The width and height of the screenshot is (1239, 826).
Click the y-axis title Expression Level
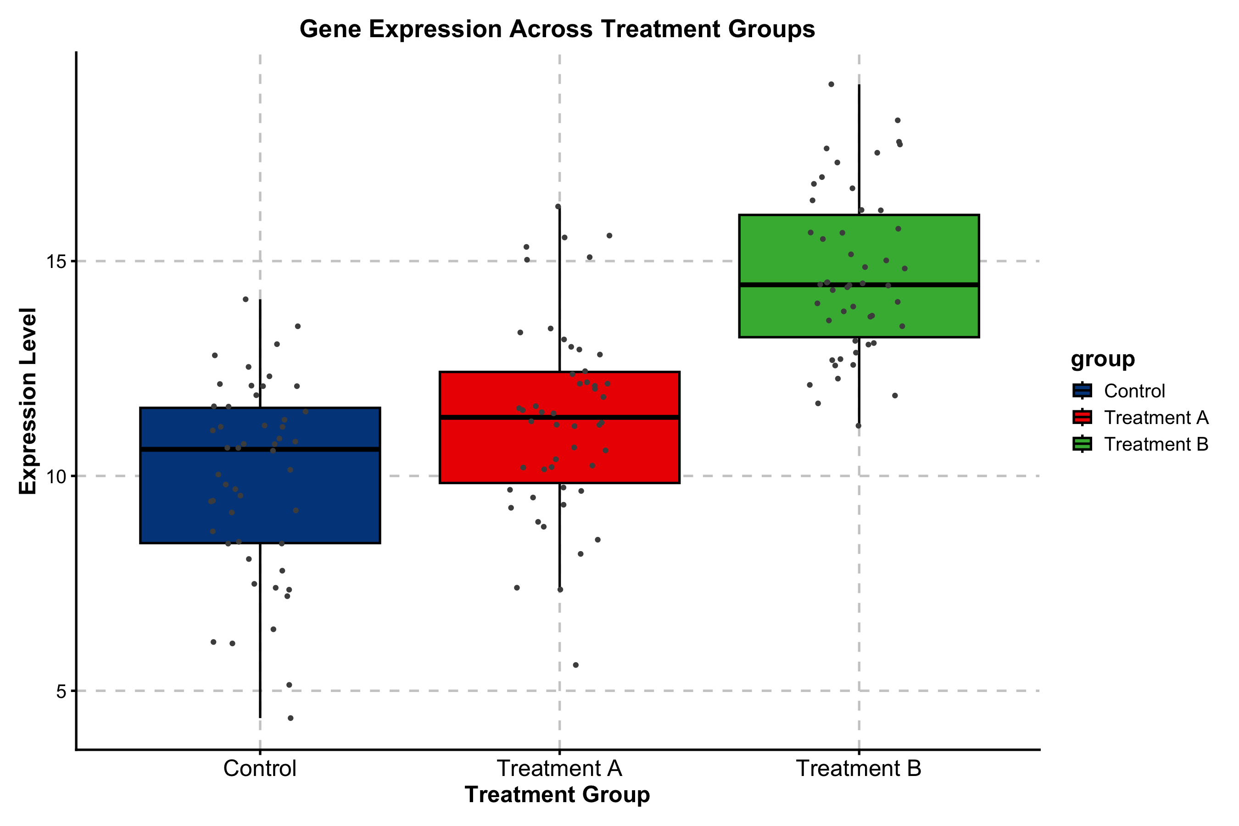(28, 401)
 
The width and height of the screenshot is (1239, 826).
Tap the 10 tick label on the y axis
(57, 476)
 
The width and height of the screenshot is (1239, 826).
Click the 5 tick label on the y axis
(61, 691)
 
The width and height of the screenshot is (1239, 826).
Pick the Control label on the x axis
(260, 769)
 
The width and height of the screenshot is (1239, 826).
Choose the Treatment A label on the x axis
(559, 769)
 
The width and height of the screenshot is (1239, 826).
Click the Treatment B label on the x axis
(859, 769)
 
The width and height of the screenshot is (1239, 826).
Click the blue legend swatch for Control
(1082, 391)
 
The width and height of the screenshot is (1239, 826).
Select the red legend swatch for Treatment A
(1082, 417)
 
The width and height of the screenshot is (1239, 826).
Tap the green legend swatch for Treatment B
(1082, 444)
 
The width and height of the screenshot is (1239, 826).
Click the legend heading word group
(1103, 360)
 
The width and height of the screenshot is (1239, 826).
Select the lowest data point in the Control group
(290, 718)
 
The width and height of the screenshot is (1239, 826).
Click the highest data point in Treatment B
(831, 84)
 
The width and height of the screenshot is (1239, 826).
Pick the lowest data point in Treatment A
(576, 665)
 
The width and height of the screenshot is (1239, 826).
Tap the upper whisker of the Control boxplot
(260, 353)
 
